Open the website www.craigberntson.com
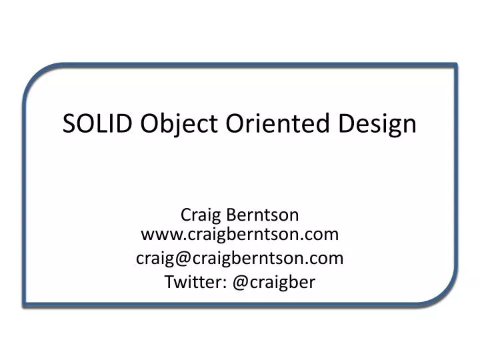pyautogui.click(x=240, y=234)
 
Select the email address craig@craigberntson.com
pyautogui.click(x=240, y=258)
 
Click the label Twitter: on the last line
pyautogui.click(x=195, y=282)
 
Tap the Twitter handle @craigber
pyautogui.click(x=273, y=282)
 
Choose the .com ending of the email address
pyautogui.click(x=327, y=258)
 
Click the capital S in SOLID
pyautogui.click(x=69, y=124)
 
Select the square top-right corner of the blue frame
pyautogui.click(x=455, y=65)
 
